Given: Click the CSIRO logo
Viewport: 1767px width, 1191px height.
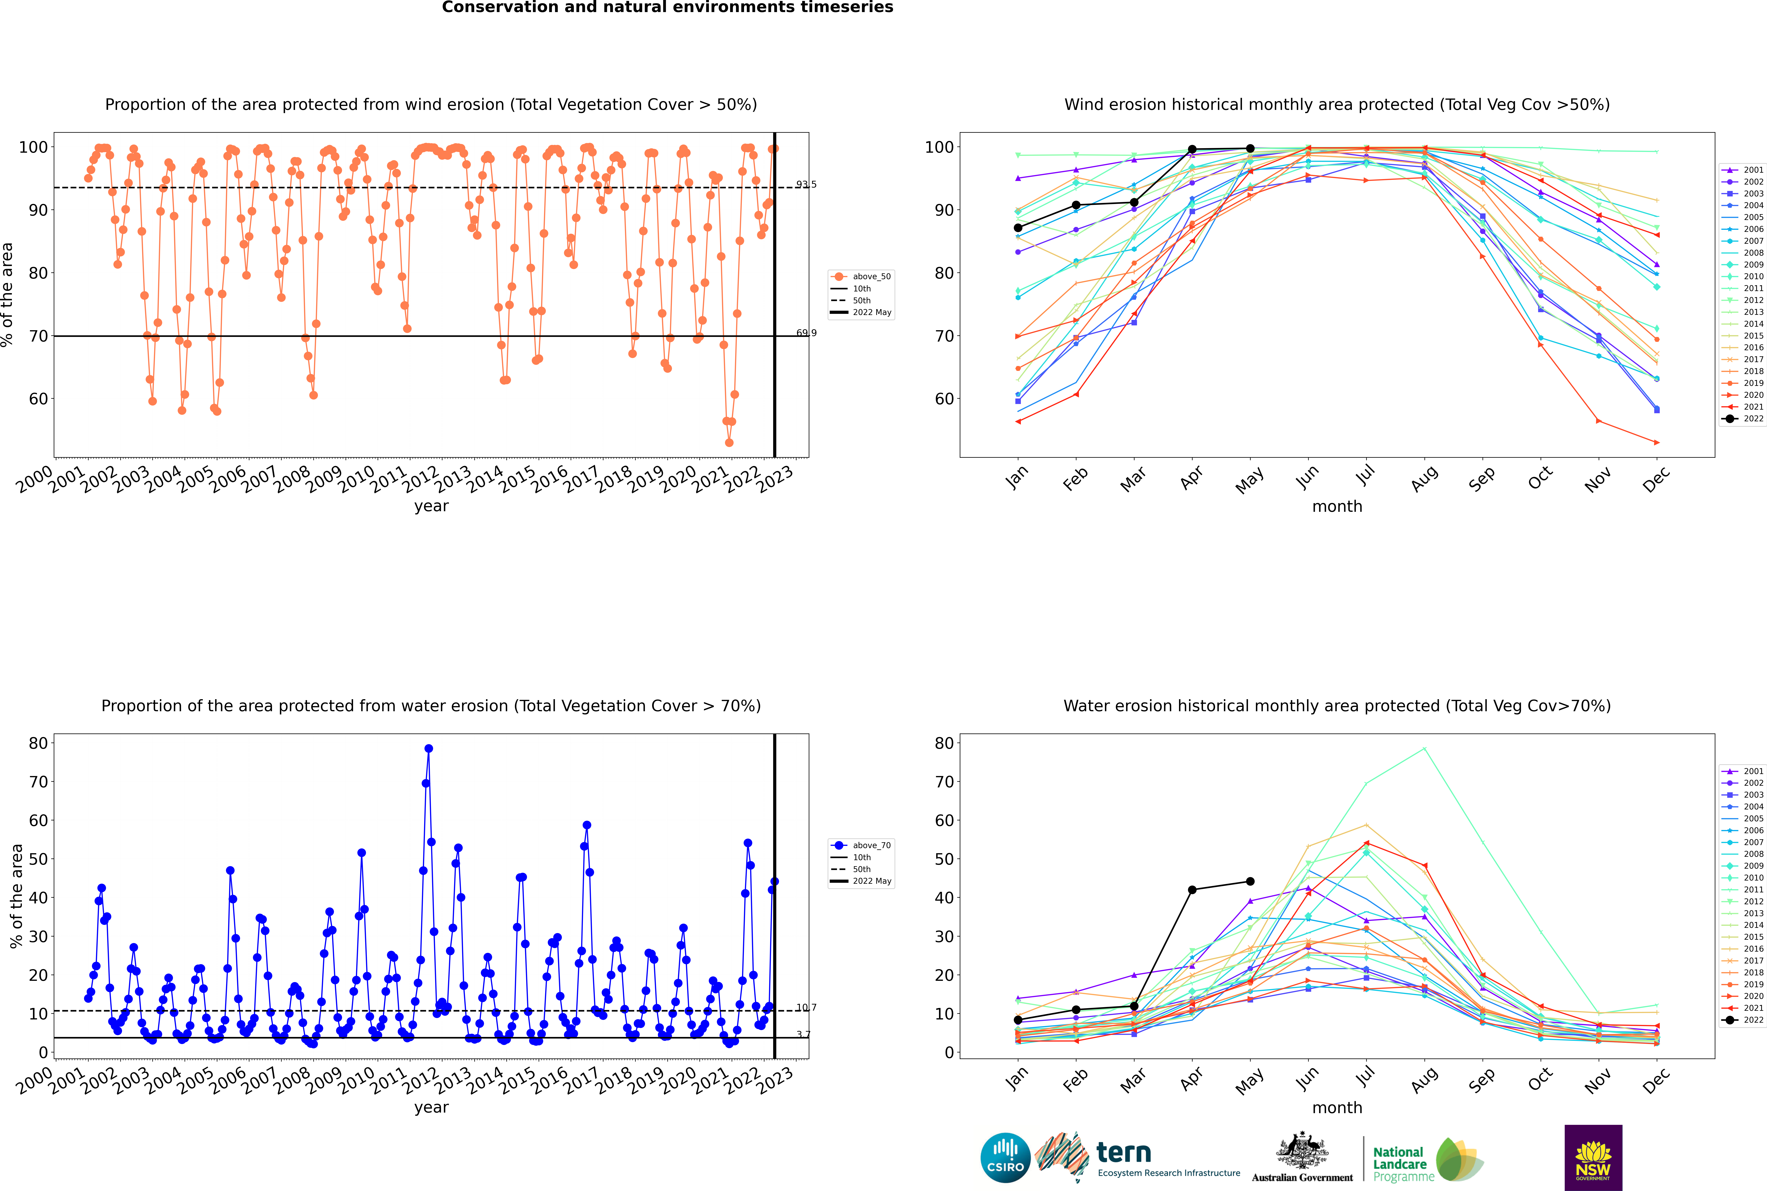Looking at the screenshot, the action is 1005,1158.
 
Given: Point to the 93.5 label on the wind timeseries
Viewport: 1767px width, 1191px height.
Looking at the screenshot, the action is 806,185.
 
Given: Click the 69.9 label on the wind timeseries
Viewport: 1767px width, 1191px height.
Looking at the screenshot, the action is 806,333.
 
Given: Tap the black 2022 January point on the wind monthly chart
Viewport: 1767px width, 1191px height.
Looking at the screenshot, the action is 1018,228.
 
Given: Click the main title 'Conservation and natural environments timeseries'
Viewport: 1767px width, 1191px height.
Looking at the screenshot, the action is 668,8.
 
